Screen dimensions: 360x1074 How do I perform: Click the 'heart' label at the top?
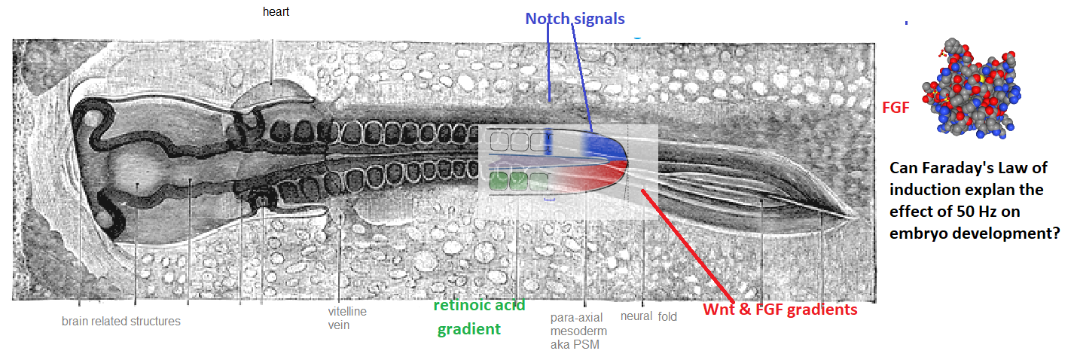click(276, 12)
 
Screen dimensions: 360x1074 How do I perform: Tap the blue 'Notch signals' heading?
click(575, 18)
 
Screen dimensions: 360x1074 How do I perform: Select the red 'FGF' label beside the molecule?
click(895, 108)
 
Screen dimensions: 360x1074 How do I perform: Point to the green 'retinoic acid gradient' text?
click(479, 317)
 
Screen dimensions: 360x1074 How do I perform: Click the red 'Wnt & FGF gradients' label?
click(780, 310)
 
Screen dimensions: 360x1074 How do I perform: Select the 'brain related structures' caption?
click(121, 322)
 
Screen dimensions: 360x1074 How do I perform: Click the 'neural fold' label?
click(648, 317)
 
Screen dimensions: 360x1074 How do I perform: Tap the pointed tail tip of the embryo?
click(855, 218)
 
